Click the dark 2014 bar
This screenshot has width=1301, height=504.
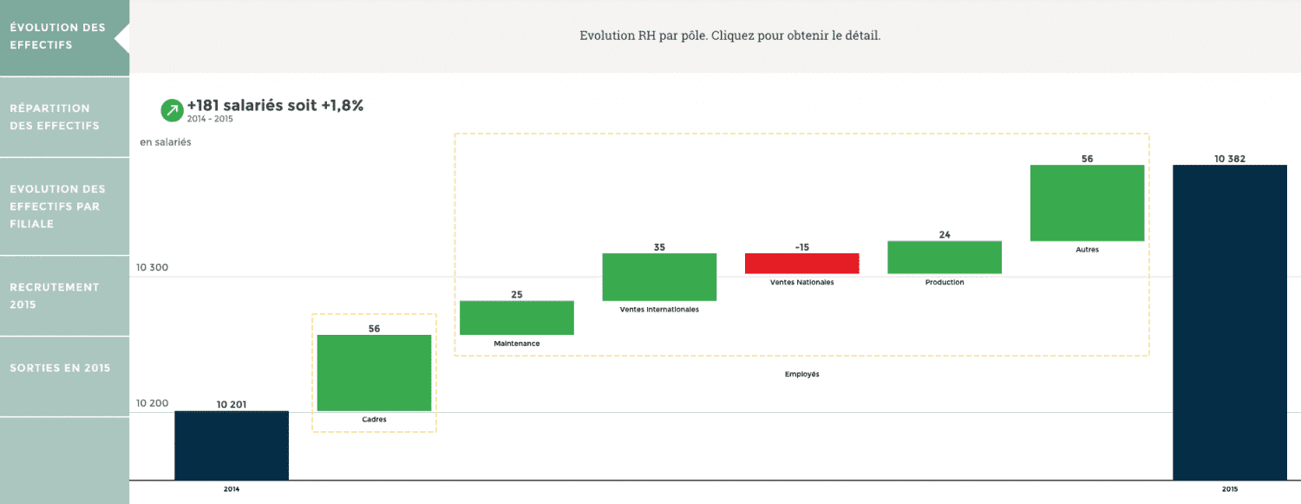coord(232,445)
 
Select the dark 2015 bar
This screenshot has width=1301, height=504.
coord(1230,321)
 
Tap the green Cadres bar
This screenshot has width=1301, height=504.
coord(374,373)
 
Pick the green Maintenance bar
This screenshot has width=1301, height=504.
coord(517,317)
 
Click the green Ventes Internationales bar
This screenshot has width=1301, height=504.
coord(659,277)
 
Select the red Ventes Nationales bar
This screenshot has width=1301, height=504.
coord(802,264)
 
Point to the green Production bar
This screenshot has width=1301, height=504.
coord(945,258)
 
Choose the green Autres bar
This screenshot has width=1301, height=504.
coord(1087,203)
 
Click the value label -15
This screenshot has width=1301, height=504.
coord(802,247)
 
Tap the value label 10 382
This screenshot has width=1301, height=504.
coord(1230,159)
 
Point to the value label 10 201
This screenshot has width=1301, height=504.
coord(232,404)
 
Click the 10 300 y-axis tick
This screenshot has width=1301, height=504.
coord(153,268)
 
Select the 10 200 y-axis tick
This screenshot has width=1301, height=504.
coord(153,403)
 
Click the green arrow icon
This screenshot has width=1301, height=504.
coord(172,110)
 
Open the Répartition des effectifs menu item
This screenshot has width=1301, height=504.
coord(54,117)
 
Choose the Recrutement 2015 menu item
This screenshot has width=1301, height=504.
coord(54,296)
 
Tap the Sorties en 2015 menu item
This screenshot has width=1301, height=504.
coord(60,368)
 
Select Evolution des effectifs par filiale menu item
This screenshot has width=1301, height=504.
coord(57,206)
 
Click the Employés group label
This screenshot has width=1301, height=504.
coord(802,375)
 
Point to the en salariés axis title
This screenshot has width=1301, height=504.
coord(166,142)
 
